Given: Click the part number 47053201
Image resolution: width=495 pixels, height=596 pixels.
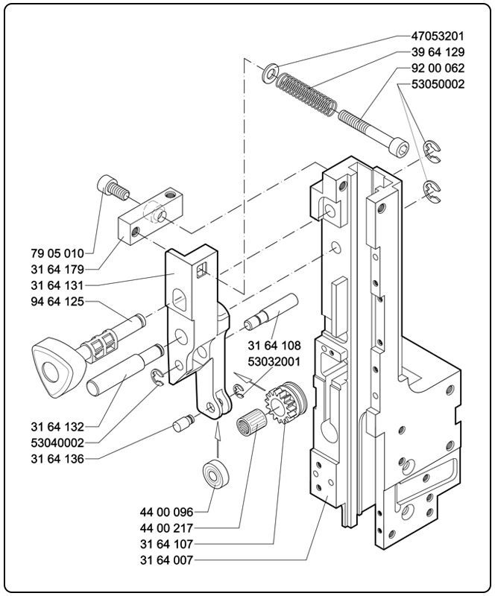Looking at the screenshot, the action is [438, 36].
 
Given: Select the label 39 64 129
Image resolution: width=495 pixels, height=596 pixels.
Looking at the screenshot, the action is [438, 52].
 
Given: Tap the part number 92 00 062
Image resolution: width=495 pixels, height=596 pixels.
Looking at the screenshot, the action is [438, 68].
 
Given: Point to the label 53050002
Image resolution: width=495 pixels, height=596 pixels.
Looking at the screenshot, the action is [438, 84].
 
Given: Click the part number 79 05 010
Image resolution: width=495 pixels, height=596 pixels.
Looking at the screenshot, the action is [57, 253].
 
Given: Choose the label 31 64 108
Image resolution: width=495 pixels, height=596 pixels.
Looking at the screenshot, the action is [274, 346].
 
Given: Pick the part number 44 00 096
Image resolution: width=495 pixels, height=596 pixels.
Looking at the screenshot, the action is [167, 512].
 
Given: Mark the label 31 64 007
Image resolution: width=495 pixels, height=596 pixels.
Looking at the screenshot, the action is [167, 560].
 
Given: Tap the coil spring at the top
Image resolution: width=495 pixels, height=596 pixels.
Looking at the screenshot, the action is [306, 94].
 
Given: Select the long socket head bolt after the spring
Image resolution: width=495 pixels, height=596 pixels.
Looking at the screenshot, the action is [374, 133].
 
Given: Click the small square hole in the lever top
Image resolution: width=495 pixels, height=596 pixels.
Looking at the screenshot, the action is [201, 270].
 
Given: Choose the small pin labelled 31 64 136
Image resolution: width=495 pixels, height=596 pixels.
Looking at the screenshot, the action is [184, 424].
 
